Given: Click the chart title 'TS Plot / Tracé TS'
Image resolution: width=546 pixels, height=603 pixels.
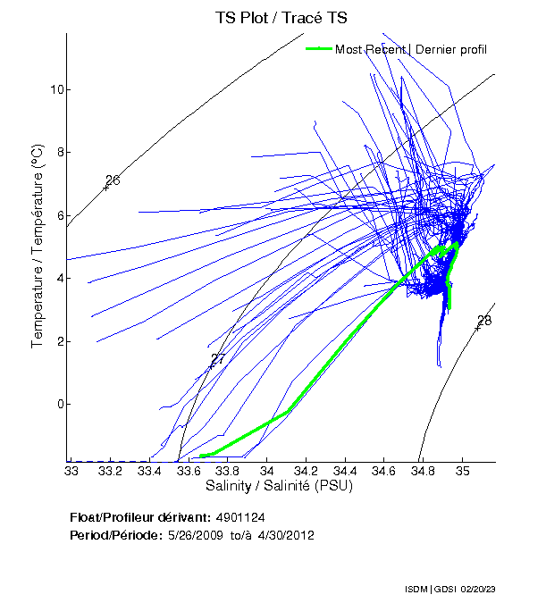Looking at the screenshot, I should tap(281, 18).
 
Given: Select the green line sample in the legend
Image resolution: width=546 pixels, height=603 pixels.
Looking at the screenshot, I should tap(319, 49).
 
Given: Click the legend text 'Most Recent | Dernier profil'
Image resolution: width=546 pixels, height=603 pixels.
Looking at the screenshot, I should tap(411, 49).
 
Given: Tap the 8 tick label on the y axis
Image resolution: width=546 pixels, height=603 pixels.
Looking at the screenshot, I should tap(58, 152).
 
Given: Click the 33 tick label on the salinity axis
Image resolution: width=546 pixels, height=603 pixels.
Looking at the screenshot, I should tap(71, 470).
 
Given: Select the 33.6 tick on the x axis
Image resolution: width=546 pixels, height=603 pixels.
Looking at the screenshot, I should tap(189, 470).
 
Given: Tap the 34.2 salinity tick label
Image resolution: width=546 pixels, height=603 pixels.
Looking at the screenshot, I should tap(306, 470).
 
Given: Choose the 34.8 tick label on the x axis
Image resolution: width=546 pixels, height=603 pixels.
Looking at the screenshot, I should tap(423, 470).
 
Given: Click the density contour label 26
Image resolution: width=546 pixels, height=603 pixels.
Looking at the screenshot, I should tap(113, 181).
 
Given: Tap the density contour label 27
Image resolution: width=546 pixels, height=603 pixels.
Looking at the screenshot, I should tap(217, 359).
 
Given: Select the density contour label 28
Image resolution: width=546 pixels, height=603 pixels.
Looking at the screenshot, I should tap(484, 321).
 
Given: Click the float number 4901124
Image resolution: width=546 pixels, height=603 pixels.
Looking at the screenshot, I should tap(240, 517).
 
